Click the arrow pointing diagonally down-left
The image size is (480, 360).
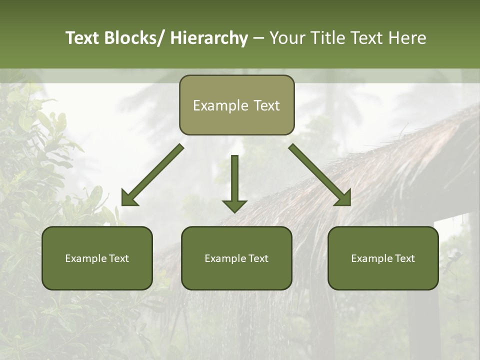pos(153,175)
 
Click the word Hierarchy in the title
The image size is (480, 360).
pos(209,38)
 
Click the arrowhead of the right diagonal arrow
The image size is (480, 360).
pos(342,198)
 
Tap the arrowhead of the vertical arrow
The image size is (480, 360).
pos(234,205)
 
